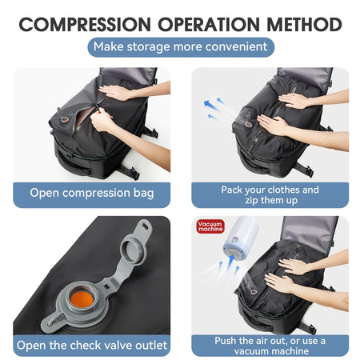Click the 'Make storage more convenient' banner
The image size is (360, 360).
(x=180, y=46)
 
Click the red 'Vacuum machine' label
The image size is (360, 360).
(x=210, y=228)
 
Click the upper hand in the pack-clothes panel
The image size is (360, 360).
(x=296, y=100)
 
